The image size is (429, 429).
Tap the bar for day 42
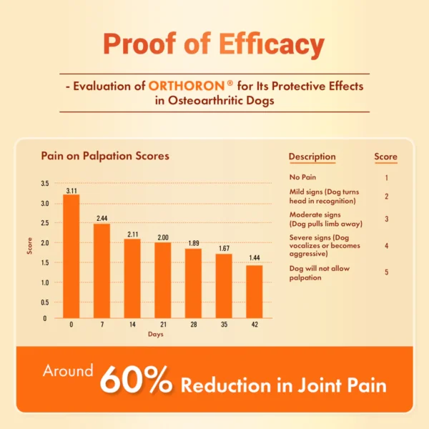pos(254,291)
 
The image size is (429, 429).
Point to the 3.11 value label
pos(71,191)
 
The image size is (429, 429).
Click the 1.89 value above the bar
pos(194,243)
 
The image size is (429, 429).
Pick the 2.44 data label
pos(102,217)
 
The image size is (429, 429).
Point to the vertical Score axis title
pos(30,246)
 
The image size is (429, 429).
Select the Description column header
pos(312,157)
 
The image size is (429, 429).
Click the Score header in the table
pos(385,157)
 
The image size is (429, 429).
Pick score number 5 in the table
pos(386,272)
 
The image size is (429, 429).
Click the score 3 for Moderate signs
pos(386,219)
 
